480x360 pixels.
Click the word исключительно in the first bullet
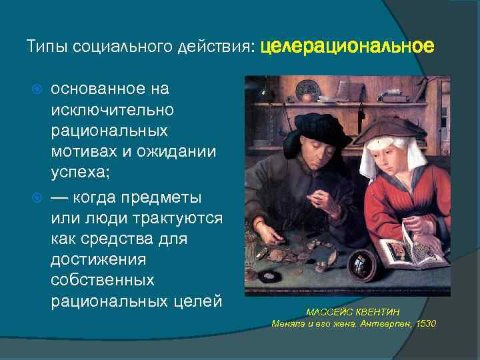(x=112, y=108)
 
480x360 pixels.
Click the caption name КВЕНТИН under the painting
(x=379, y=312)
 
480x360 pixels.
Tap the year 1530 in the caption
(x=425, y=323)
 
